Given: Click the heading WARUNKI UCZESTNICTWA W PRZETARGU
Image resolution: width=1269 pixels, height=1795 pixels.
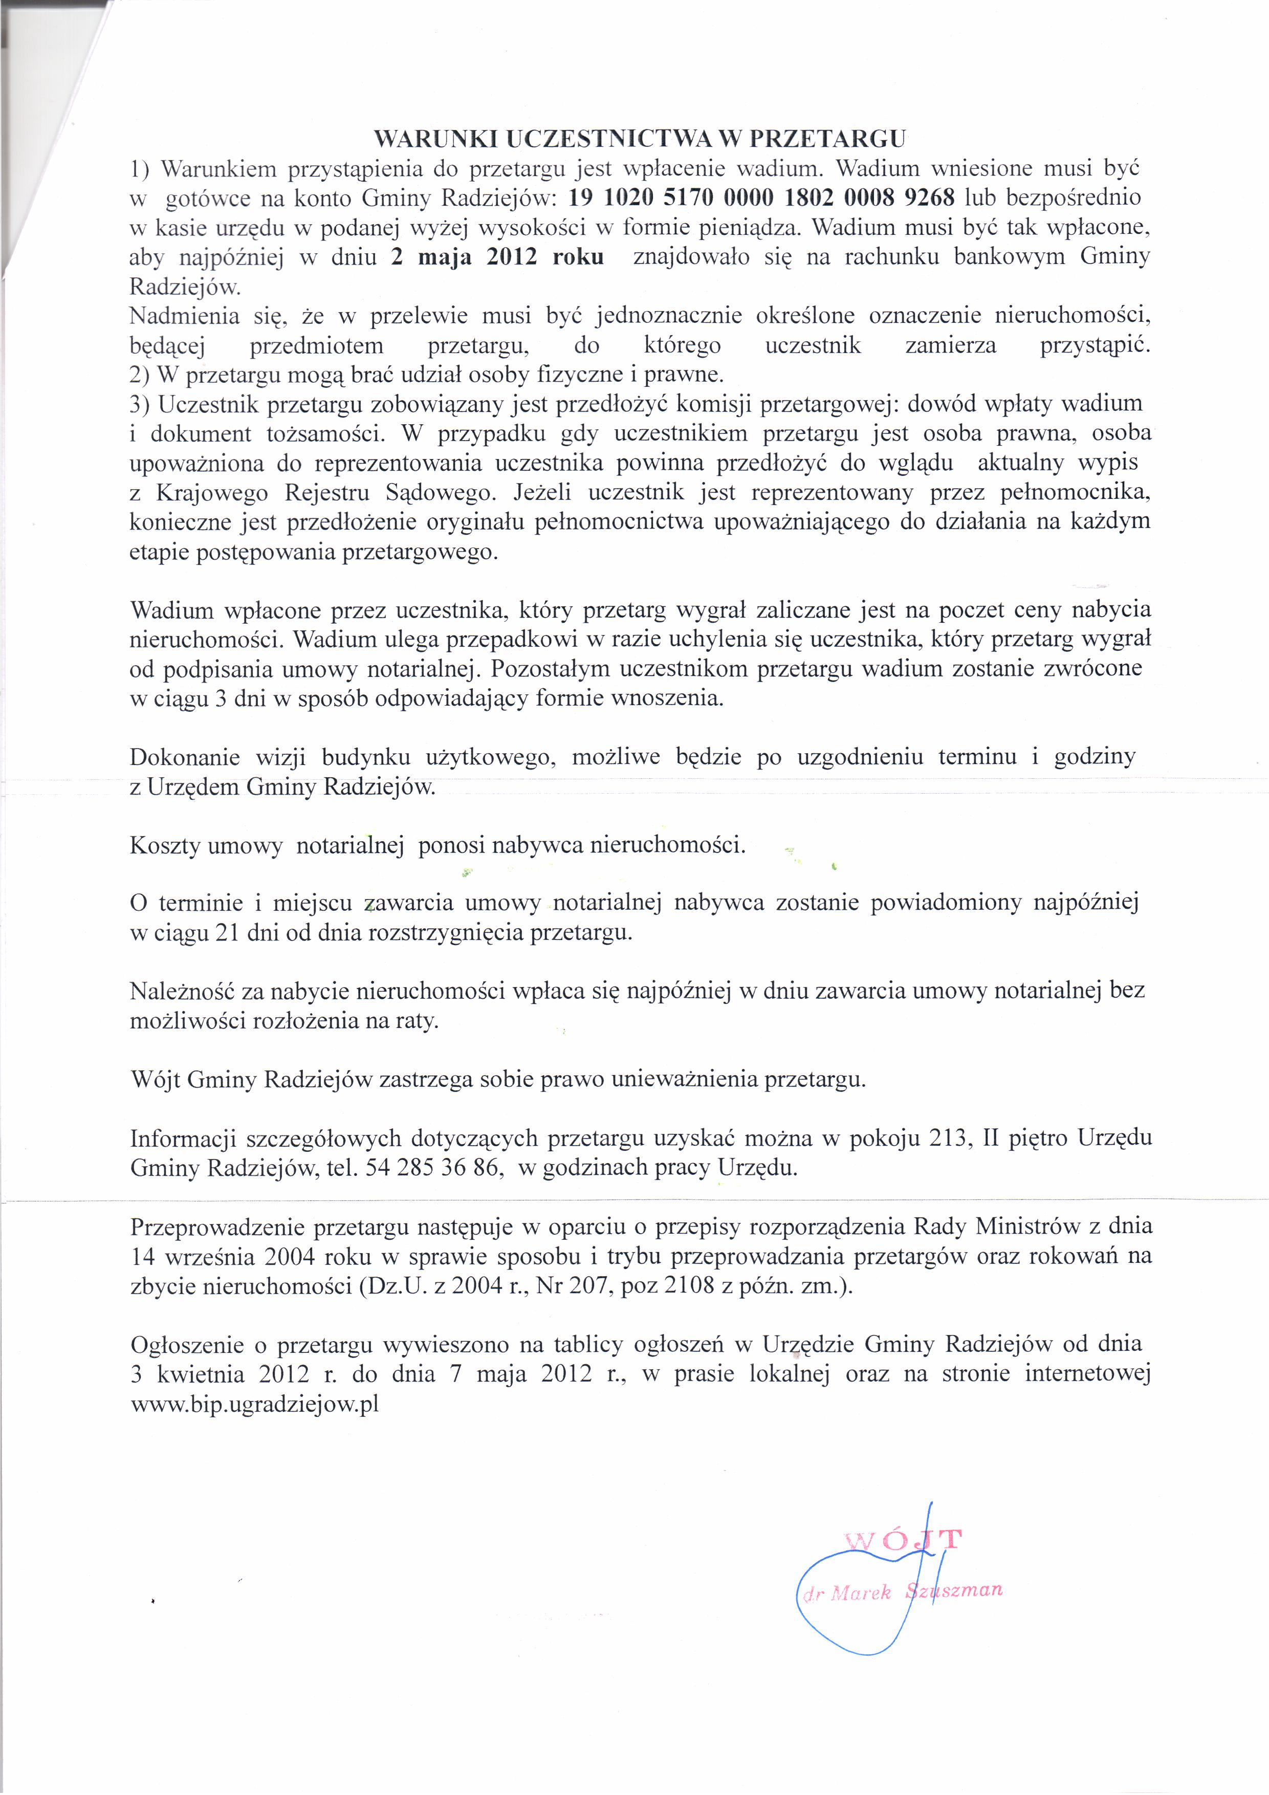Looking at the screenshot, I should [x=640, y=139].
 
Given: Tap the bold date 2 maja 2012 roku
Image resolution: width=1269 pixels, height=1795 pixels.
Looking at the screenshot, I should [x=497, y=257].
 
